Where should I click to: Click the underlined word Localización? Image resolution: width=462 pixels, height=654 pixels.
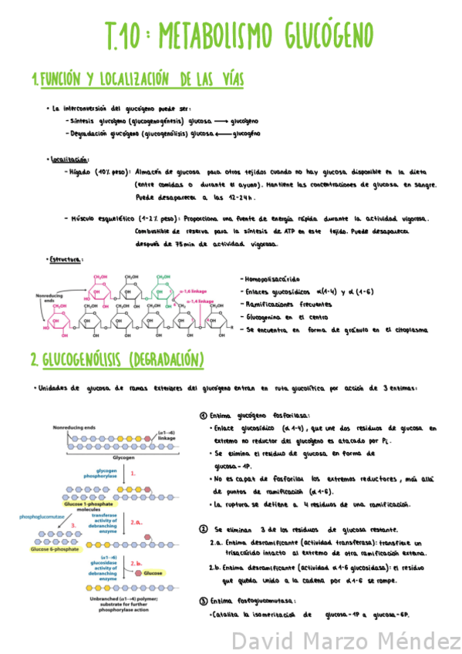69,160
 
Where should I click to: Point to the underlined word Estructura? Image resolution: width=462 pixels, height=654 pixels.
66,260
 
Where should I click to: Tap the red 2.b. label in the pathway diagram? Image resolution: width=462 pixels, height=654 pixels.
135,564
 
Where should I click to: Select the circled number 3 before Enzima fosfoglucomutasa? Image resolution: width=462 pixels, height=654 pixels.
203,600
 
